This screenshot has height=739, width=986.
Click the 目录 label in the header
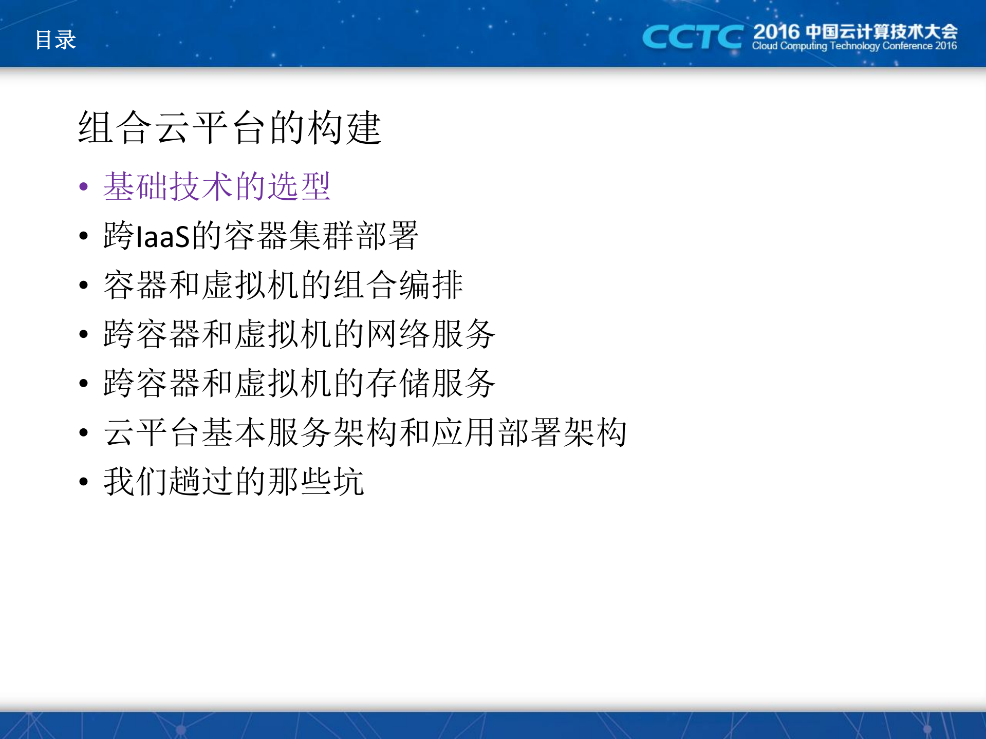pos(55,40)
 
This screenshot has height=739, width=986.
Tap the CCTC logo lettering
pos(692,37)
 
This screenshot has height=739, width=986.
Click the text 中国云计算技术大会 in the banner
pos(881,32)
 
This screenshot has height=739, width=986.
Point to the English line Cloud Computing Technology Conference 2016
pos(854,46)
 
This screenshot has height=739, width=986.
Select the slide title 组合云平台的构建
pos(229,127)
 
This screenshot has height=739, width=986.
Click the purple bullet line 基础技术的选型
pos(216,186)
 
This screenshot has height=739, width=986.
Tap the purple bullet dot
pos(84,186)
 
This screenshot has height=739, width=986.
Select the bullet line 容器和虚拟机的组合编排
pos(283,285)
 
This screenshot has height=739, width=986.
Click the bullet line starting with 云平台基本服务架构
pos(365,432)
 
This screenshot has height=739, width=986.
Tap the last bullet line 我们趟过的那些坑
pos(234,481)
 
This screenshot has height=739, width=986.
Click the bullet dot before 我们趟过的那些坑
pos(84,482)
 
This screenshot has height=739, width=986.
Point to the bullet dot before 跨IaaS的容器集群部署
pos(84,236)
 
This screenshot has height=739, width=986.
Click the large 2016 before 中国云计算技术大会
pos(776,32)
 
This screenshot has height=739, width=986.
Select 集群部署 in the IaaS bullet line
pos(355,236)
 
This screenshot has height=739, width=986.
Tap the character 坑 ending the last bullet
pos(349,481)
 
